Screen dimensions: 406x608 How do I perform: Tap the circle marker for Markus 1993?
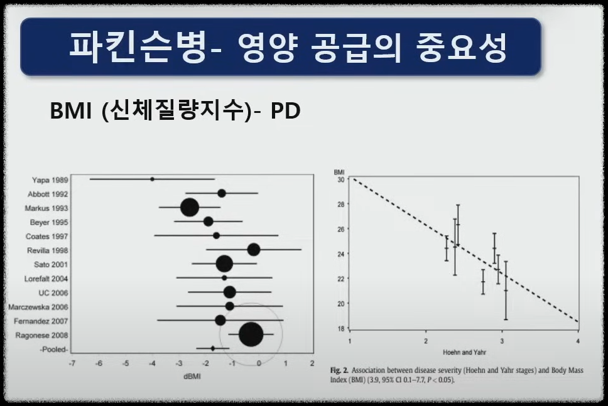tap(190, 208)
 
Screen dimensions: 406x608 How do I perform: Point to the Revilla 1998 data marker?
tap(253, 250)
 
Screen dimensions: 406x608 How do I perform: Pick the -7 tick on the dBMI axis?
tap(72, 364)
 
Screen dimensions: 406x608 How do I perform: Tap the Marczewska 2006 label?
tap(38, 307)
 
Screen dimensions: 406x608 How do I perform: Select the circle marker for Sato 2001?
tap(224, 264)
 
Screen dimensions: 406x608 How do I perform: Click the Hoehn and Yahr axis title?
tap(464, 351)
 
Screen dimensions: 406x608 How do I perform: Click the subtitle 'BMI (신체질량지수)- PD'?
tap(175, 112)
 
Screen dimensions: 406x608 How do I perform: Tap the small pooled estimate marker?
tap(213, 348)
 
